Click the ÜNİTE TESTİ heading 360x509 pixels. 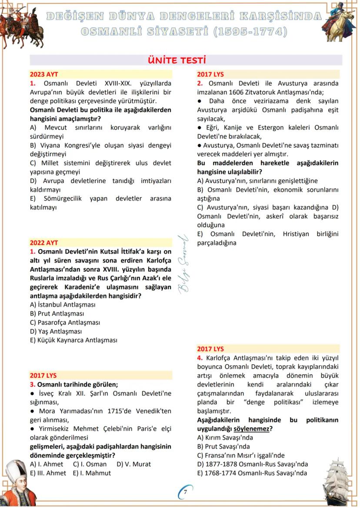[177, 60]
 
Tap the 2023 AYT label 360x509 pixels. [44, 74]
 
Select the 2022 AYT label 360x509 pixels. [44, 243]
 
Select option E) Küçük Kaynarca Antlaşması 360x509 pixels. [73, 340]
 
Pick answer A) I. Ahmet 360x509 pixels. [47, 464]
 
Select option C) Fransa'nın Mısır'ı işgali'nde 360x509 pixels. [241, 456]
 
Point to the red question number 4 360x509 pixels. [200, 358]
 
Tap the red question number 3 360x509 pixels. [32, 384]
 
